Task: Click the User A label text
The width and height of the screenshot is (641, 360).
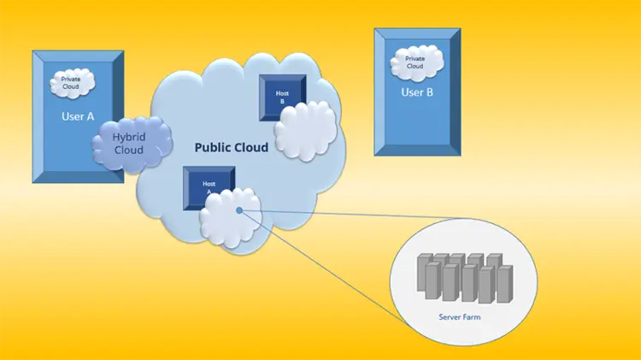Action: (77, 115)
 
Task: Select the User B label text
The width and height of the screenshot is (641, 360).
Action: (418, 91)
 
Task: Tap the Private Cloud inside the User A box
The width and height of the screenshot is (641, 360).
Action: (71, 84)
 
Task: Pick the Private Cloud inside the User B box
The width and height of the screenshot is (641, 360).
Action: (415, 62)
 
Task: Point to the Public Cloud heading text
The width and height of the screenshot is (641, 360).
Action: (231, 147)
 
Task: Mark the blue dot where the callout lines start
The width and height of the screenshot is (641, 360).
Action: (239, 210)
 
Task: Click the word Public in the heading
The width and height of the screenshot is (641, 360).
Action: (214, 147)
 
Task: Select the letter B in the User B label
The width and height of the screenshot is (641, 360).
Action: (430, 91)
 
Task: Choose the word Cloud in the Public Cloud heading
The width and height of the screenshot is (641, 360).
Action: (251, 147)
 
